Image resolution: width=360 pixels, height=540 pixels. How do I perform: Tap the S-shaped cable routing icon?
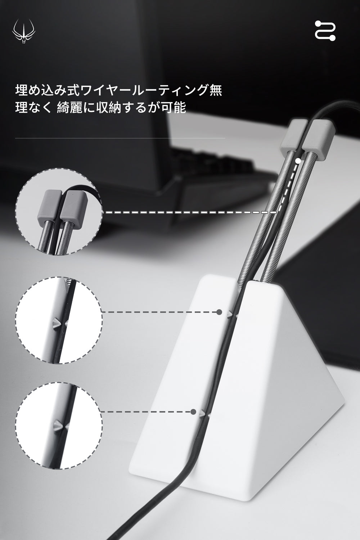(325, 30)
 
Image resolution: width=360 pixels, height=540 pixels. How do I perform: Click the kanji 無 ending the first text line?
(216, 90)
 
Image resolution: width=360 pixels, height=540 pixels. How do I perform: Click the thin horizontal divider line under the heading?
(120, 138)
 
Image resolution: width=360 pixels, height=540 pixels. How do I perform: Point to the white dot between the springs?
(298, 161)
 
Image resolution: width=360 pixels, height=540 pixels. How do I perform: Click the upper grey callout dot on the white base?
(219, 312)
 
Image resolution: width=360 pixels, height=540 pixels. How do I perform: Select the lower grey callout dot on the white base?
(193, 412)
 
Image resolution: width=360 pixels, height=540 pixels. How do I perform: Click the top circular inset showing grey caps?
(59, 211)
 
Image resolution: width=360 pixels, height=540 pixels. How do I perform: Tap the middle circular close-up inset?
(59, 320)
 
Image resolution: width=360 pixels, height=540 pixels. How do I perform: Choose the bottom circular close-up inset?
(59, 426)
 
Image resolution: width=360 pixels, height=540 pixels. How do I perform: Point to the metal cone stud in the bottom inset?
(59, 426)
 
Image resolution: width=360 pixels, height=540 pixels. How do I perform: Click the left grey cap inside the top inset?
(50, 207)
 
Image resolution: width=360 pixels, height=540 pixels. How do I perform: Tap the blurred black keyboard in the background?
(212, 169)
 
